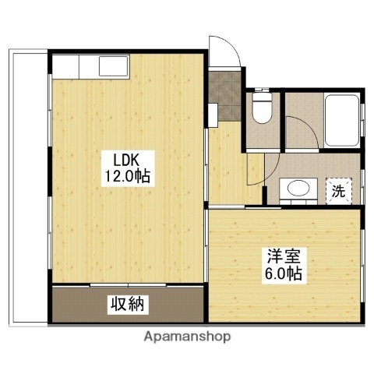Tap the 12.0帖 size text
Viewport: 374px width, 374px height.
click(x=127, y=177)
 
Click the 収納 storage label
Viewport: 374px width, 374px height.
click(x=126, y=304)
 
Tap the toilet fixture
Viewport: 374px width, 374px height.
click(x=263, y=109)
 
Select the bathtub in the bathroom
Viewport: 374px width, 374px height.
click(x=340, y=121)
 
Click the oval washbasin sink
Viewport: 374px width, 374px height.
click(x=296, y=189)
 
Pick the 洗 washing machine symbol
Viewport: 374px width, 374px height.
click(x=338, y=189)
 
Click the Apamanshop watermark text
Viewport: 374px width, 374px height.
click(x=186, y=337)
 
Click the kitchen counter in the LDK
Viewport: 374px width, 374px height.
click(x=90, y=65)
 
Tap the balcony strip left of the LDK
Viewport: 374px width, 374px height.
click(x=30, y=187)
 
